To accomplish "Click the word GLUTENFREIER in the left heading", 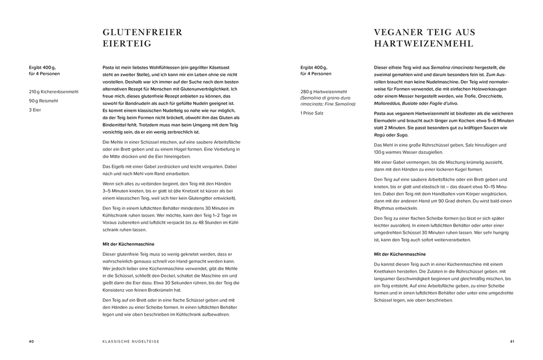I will pos(142,32).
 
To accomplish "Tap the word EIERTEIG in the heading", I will pos(127,44).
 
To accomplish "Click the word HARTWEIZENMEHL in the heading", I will pos(424,44).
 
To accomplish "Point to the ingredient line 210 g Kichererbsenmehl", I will pos(53,92).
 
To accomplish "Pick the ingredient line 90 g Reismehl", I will pos(44,101).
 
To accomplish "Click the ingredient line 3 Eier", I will pos(35,110).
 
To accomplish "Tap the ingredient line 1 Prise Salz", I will pos(312,113).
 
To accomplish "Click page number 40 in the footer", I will pos(31,341).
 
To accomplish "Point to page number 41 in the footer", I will pos(512,341).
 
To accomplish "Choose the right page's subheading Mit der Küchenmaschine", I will pos(400,254).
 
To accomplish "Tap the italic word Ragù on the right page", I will pos(380,135).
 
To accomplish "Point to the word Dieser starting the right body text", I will pos(382,68).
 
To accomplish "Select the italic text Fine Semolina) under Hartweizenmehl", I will pos(336,104).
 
